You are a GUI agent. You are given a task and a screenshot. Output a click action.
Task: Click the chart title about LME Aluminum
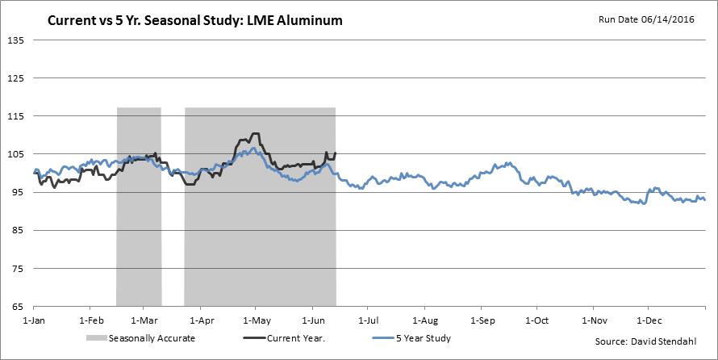pos(194,20)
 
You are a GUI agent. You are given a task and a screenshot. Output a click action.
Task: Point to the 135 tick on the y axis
pos(16,40)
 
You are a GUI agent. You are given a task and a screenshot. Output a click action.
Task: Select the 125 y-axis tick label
pos(16,78)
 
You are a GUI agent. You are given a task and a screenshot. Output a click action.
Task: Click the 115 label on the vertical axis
pos(16,116)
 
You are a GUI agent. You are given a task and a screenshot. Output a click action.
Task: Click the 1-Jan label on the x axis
pos(34,320)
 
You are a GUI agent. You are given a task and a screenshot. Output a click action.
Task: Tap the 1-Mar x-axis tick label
pos(144,320)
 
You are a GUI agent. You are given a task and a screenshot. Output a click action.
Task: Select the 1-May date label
pos(256,320)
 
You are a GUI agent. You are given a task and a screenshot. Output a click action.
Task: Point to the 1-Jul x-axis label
pos(368,320)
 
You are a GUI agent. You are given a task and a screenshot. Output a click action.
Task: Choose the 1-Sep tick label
pos(482,320)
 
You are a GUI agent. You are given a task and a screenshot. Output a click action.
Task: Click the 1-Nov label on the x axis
pos(594,320)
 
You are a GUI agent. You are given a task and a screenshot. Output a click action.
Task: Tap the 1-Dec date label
pos(649,320)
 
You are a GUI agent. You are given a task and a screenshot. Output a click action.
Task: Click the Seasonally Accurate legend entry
pos(150,338)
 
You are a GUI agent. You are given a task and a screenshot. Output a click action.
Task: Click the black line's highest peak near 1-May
pos(256,134)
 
